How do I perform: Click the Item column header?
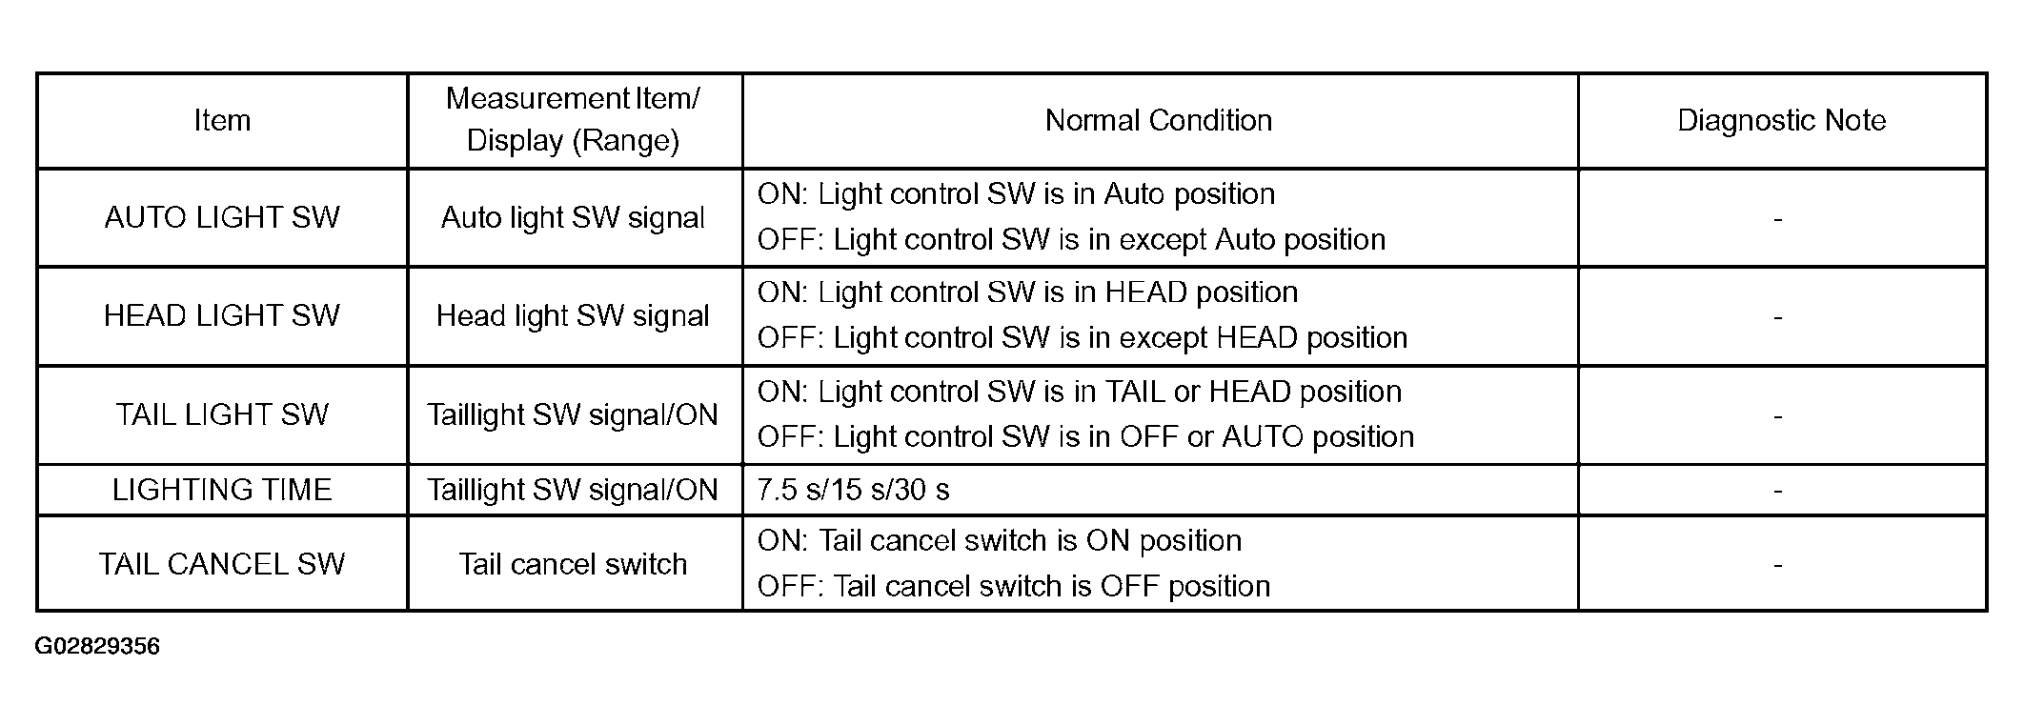pos(222,121)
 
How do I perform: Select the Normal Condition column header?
pos(1159,121)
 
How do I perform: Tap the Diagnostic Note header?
pos(1782,121)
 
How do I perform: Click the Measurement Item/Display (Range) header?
pos(573,120)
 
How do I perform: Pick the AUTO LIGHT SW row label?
pos(222,217)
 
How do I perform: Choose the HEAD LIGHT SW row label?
pos(222,315)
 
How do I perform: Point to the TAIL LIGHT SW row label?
pos(222,414)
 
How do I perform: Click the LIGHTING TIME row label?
pos(222,490)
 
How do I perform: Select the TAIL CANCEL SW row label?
pos(222,564)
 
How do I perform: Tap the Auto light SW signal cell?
pos(573,218)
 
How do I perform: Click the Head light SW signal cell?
pos(573,316)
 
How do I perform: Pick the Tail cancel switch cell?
pos(573,564)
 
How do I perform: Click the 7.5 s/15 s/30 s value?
pos(853,490)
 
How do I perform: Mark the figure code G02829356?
pos(97,647)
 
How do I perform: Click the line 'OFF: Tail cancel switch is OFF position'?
pos(1014,586)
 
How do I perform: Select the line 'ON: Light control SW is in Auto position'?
pos(1016,194)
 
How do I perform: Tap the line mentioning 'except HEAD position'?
pos(1083,338)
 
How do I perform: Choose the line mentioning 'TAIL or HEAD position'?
pos(1080,392)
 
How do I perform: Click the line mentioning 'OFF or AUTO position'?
pos(1085,437)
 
